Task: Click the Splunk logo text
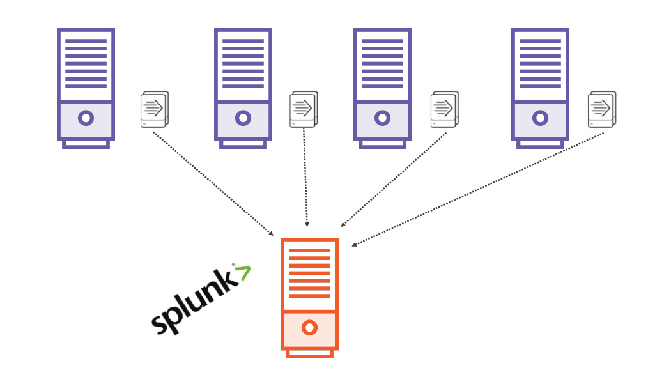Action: pyautogui.click(x=191, y=304)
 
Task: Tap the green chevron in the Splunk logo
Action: pyautogui.click(x=243, y=273)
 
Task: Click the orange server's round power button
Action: pyautogui.click(x=309, y=328)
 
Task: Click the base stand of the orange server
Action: pyautogui.click(x=309, y=353)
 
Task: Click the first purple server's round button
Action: pyautogui.click(x=86, y=118)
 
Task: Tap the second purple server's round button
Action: pyautogui.click(x=243, y=118)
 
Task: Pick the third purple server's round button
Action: pyautogui.click(x=382, y=118)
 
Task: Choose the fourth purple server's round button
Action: pyautogui.click(x=540, y=118)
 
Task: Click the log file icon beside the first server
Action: pyautogui.click(x=154, y=109)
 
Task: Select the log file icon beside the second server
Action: pyautogui.click(x=303, y=109)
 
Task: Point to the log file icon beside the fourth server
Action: pyautogui.click(x=601, y=109)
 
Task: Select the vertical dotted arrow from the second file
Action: pyautogui.click(x=305, y=179)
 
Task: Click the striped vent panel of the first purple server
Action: pyautogui.click(x=86, y=64)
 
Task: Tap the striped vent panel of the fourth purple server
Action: pyautogui.click(x=540, y=64)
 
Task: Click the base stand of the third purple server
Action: pyautogui.click(x=382, y=144)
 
